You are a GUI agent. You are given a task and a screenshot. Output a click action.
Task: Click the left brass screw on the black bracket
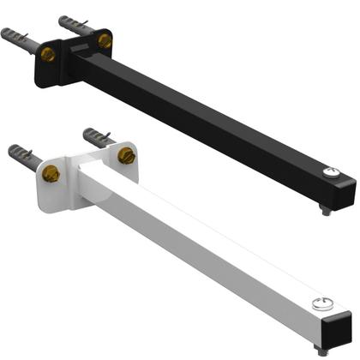[x=48, y=55]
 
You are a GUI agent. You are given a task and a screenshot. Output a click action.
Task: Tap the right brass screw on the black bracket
[x=105, y=40]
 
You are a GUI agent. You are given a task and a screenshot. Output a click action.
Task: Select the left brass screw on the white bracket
[x=51, y=174]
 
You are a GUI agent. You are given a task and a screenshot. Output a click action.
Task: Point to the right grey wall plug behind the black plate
[x=73, y=23]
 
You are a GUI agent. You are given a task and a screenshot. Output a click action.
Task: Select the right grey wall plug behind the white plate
[x=96, y=136]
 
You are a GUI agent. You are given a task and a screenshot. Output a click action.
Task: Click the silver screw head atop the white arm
[x=322, y=301]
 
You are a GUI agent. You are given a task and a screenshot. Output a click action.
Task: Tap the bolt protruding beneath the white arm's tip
[x=321, y=349]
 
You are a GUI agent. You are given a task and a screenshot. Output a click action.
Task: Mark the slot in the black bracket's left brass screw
[x=48, y=55]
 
